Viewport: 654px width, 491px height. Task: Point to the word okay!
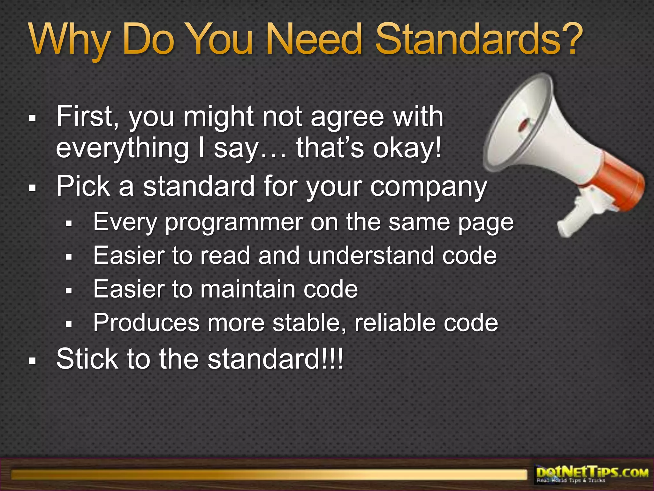tap(407, 148)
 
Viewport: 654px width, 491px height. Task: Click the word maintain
tap(247, 289)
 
